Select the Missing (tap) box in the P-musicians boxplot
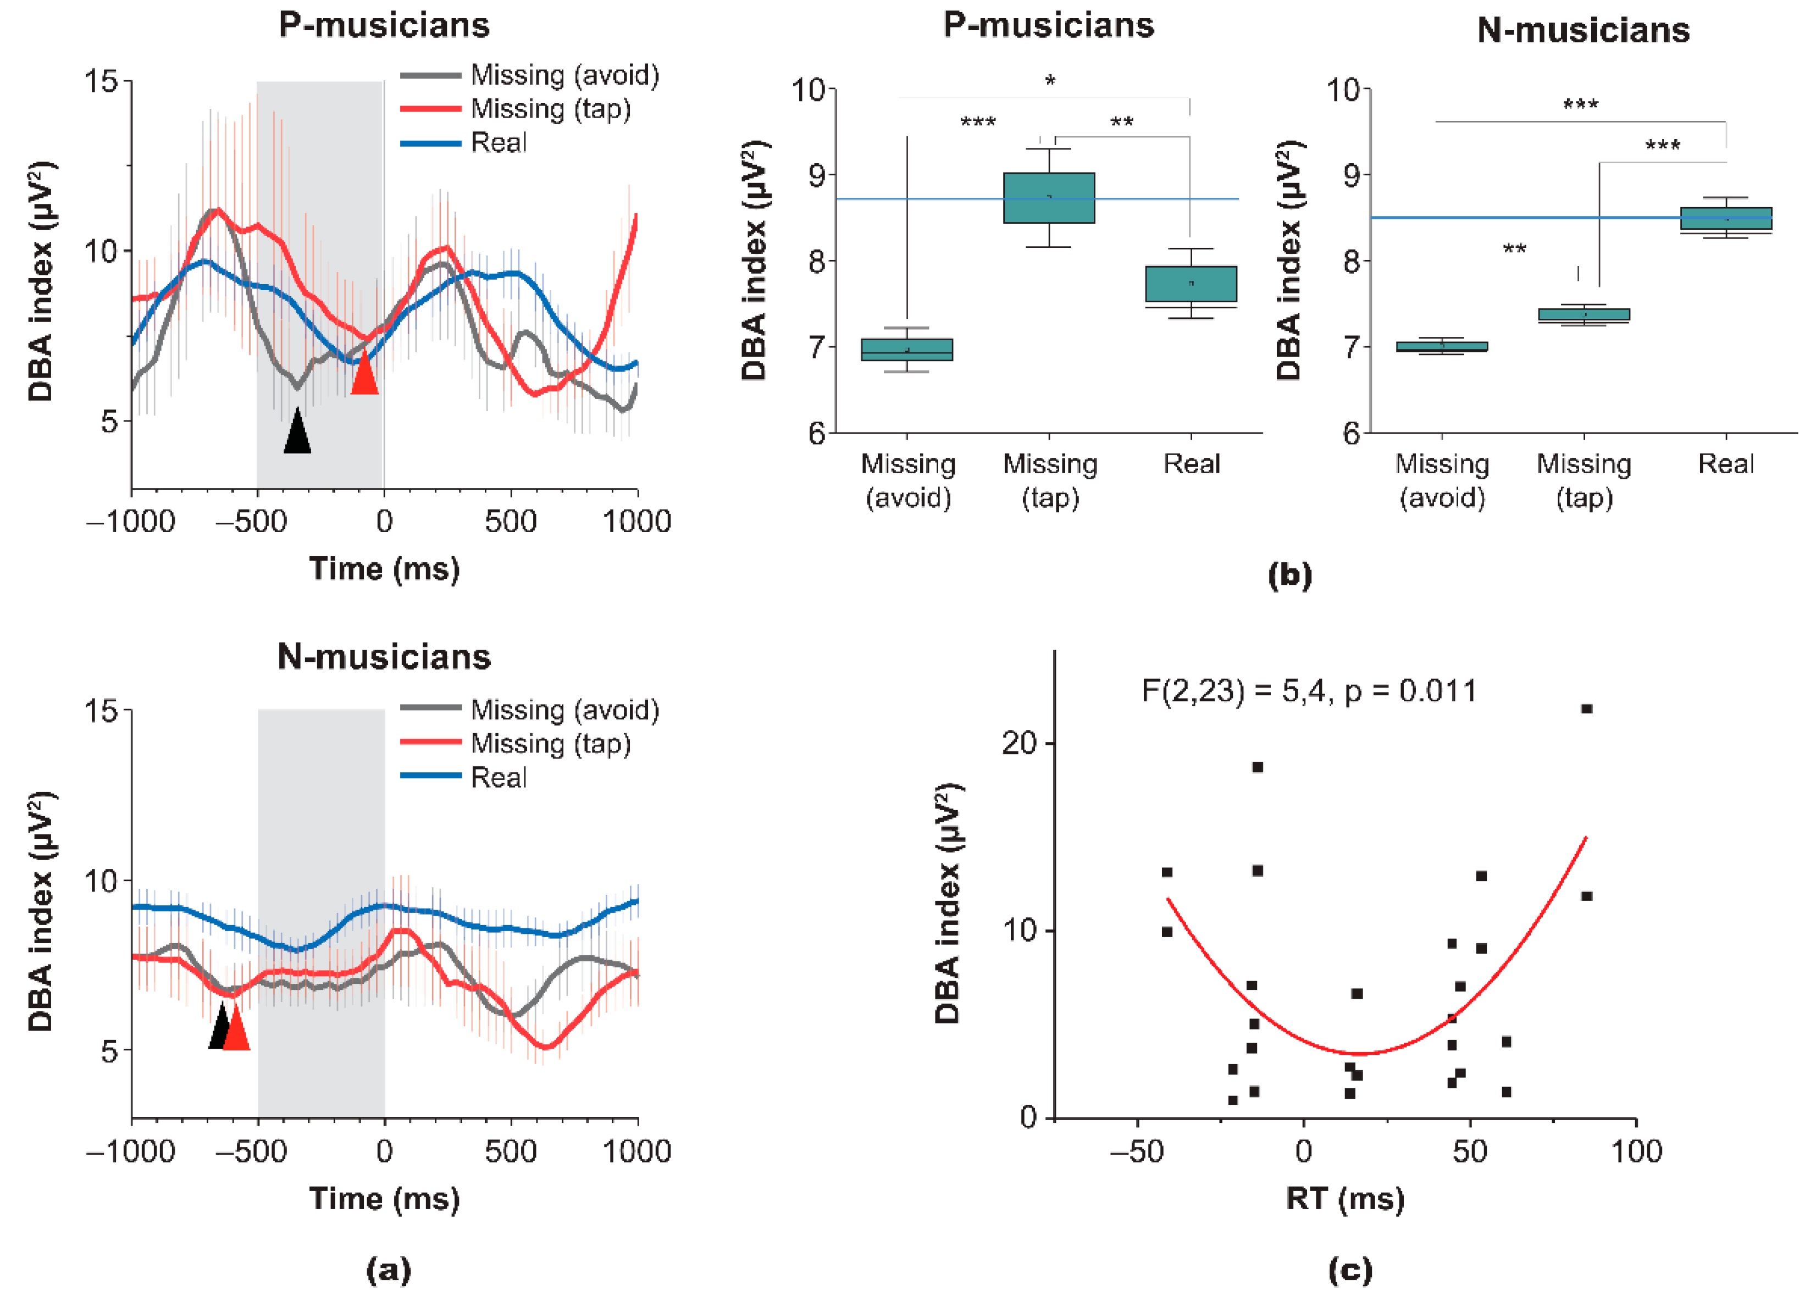pos(1049,198)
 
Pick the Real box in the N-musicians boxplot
pos(1725,219)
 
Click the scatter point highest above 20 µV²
pos(1586,708)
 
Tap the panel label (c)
pos(1350,1270)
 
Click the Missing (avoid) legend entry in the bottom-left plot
pos(564,710)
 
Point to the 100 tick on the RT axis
pos(1636,1151)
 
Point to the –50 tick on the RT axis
pos(1136,1151)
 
